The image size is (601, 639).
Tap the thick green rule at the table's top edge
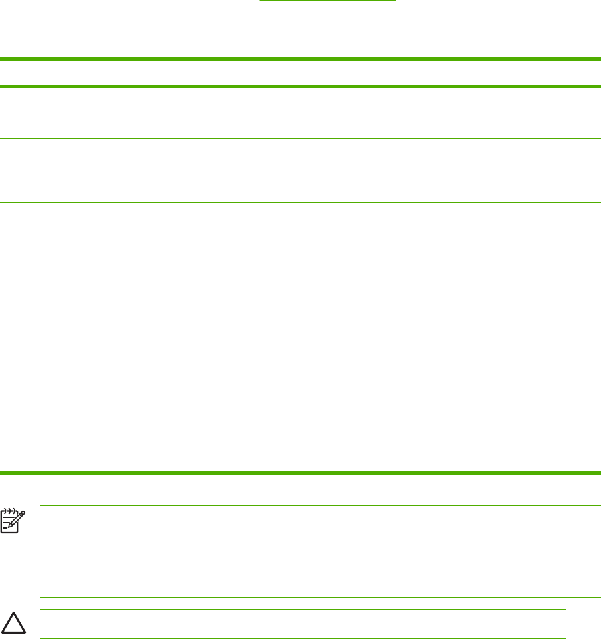[x=300, y=59]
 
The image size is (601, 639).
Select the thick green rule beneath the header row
[x=300, y=86]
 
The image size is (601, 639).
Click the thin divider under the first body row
[x=300, y=139]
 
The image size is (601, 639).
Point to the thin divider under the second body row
[x=300, y=203]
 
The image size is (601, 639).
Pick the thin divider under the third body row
[x=300, y=279]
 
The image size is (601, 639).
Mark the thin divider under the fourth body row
[x=300, y=317]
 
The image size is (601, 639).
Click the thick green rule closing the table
[x=300, y=473]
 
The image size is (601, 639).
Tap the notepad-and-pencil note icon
[x=11, y=519]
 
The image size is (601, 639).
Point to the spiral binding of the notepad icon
[x=9, y=510]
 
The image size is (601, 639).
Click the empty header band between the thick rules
[x=300, y=73]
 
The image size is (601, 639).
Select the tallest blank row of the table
[x=300, y=394]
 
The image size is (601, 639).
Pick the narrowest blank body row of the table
[x=300, y=298]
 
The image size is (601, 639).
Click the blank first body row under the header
[x=300, y=113]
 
